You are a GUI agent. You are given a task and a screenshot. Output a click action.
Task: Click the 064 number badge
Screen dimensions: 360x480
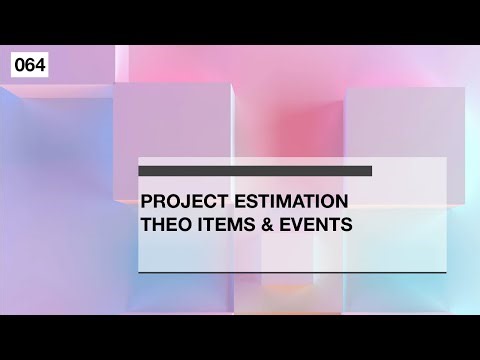(29, 66)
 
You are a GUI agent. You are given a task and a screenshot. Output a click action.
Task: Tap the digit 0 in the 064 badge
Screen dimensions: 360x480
(20, 66)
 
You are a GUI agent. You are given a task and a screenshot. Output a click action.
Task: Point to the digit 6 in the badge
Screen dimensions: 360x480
(29, 66)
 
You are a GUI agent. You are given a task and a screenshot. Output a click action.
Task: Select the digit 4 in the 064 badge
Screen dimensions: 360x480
(38, 66)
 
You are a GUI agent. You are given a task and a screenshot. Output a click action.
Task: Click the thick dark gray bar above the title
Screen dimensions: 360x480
(255, 171)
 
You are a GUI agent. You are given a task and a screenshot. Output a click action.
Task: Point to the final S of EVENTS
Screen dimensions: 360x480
(347, 225)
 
